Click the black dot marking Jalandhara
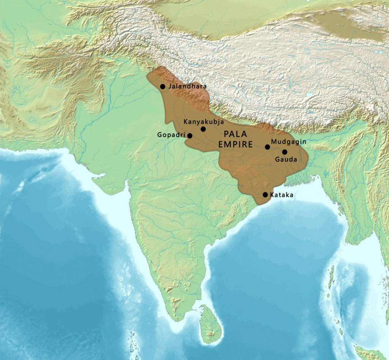pos(163,87)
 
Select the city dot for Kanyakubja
pos(203,129)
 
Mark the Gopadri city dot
pos(190,136)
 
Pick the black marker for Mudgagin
pos(267,147)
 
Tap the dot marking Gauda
pos(285,152)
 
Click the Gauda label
pos(286,159)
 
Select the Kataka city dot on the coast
pos(265,195)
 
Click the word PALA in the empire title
pos(235,134)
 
